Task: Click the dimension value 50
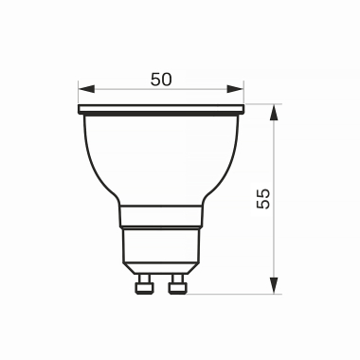point(161,79)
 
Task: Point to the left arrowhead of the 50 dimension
point(83,93)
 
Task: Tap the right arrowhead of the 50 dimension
point(238,93)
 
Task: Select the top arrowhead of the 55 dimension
point(274,111)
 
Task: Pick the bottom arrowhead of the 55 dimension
point(274,287)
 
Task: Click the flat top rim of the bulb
point(161,110)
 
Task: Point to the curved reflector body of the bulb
point(161,156)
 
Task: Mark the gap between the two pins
point(161,283)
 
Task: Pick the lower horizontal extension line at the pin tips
point(237,294)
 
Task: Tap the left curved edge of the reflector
point(94,161)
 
